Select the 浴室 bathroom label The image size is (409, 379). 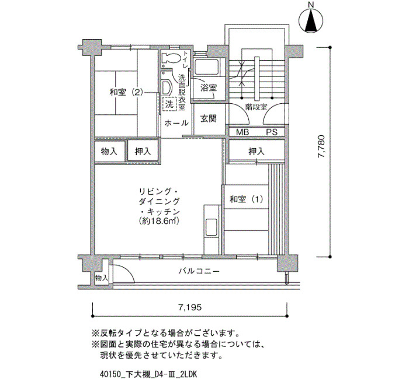pyautogui.click(x=209, y=87)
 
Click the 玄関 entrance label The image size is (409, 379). pyautogui.click(x=209, y=119)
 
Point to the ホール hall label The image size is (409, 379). pyautogui.click(x=176, y=123)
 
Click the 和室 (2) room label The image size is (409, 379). pyautogui.click(x=126, y=92)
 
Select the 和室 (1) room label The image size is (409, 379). pyautogui.click(x=246, y=199)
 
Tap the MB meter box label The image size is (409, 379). pyautogui.click(x=242, y=132)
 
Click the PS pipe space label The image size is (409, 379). pyautogui.click(x=272, y=132)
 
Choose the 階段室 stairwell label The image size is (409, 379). pyautogui.click(x=256, y=107)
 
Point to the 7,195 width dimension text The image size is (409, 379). pyautogui.click(x=190, y=307)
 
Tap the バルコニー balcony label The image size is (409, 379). pyautogui.click(x=199, y=271)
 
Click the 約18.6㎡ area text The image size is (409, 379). pyautogui.click(x=159, y=221)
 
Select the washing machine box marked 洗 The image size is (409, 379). pyautogui.click(x=169, y=104)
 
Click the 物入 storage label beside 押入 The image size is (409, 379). pyautogui.click(x=109, y=151)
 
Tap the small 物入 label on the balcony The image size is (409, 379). pyautogui.click(x=102, y=278)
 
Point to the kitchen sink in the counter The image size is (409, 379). pyautogui.click(x=211, y=227)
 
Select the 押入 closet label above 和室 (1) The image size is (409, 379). pyautogui.click(x=257, y=151)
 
